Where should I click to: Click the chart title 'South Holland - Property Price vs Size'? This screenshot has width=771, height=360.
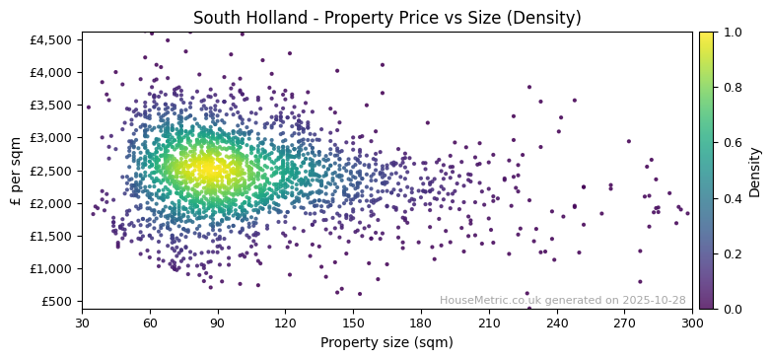[386, 18]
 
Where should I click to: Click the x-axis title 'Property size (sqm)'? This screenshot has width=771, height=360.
[386, 343]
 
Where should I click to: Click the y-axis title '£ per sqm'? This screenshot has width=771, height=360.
[16, 171]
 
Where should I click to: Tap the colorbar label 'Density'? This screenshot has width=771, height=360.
[754, 171]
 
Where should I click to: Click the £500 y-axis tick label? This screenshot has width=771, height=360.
[58, 301]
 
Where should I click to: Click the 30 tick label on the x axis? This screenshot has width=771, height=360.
[82, 324]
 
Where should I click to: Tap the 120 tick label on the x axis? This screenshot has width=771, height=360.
[285, 324]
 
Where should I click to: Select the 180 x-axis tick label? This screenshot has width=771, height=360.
[421, 324]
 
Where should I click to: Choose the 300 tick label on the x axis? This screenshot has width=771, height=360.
[692, 324]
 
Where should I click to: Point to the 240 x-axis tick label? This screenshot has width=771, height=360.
[557, 324]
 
